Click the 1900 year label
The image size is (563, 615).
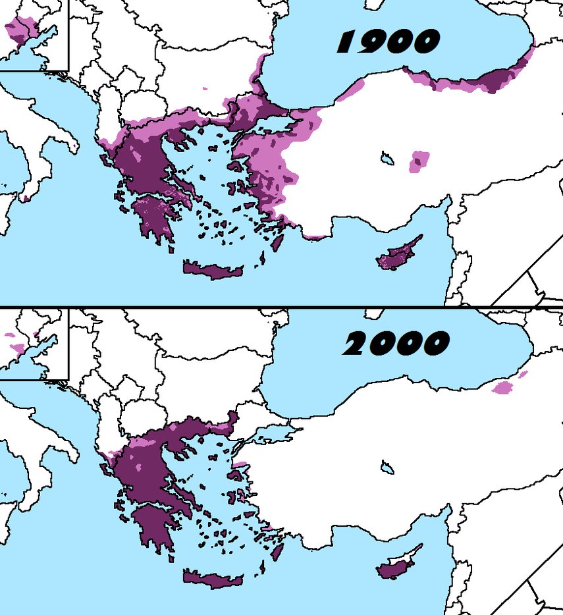coord(387,42)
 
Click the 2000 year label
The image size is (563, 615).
coord(395,343)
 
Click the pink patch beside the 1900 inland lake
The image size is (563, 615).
coord(419,161)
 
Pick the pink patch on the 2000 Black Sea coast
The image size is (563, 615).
coord(504,387)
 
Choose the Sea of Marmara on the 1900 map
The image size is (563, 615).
coord(277,125)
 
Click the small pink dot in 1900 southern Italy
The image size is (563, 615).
coord(25,198)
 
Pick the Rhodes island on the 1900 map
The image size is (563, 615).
coord(278,242)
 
